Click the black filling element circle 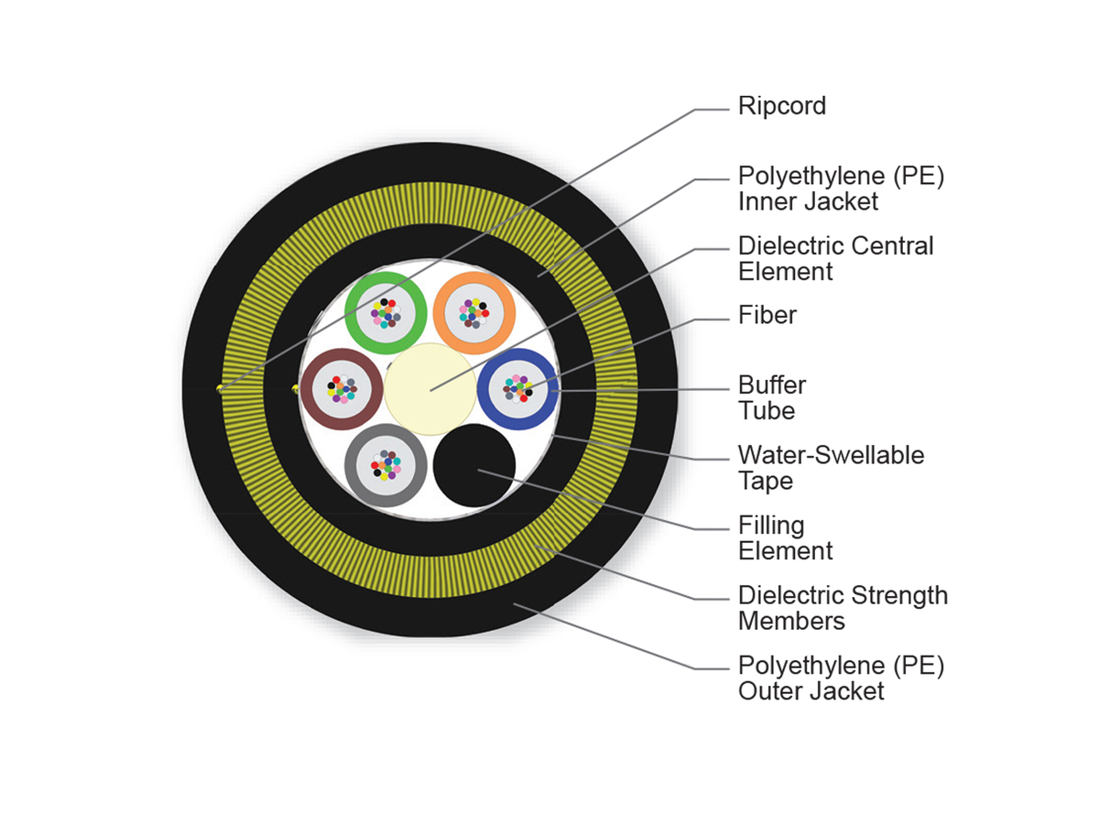click(x=474, y=465)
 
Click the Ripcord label click(x=782, y=106)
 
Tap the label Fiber click(x=767, y=316)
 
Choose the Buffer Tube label click(x=772, y=397)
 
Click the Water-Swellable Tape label click(x=831, y=467)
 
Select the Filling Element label click(x=785, y=537)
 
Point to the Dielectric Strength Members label click(x=843, y=608)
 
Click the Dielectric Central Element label click(x=835, y=258)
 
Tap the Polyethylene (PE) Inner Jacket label click(x=840, y=188)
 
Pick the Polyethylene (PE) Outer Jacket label click(x=840, y=678)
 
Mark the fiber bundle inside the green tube click(x=386, y=312)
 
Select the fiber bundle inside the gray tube click(x=386, y=466)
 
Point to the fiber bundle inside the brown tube click(x=341, y=390)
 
